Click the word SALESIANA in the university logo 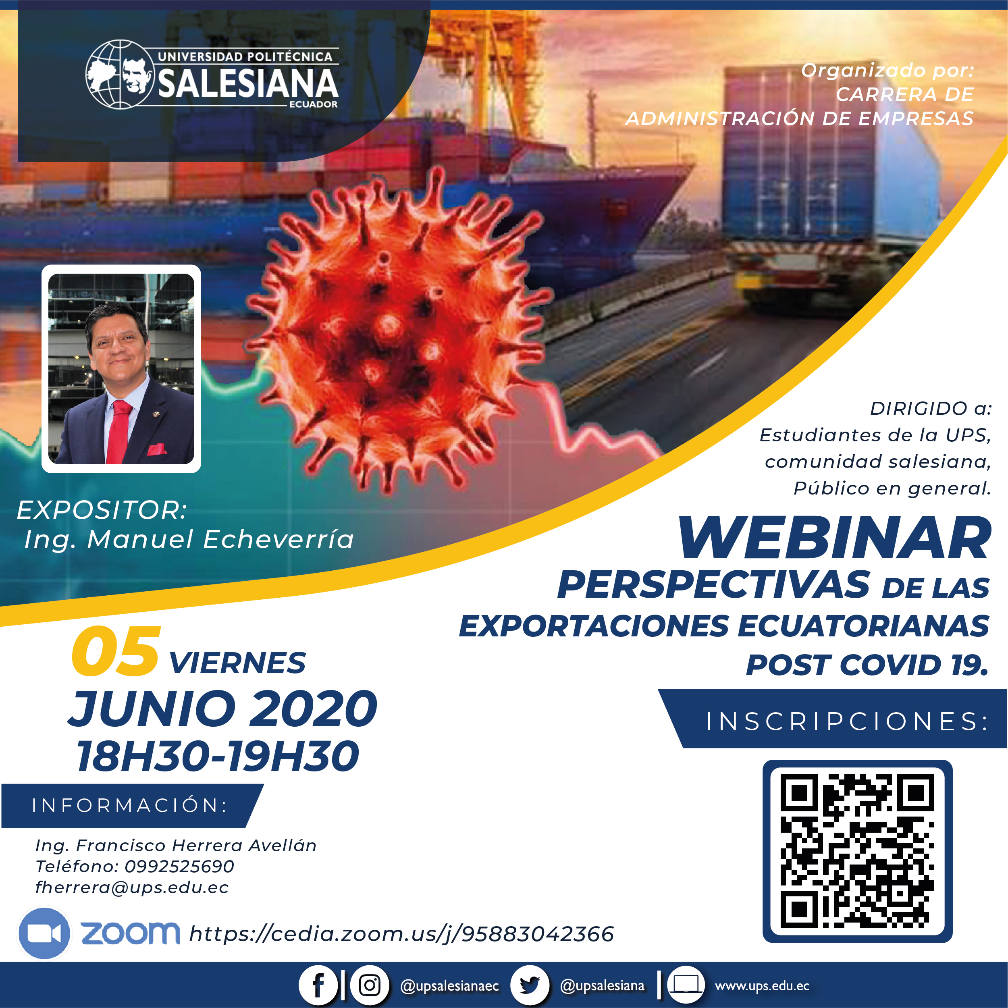click(x=248, y=83)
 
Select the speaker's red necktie click(x=119, y=431)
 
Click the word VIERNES click(x=237, y=663)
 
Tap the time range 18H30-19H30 click(x=218, y=756)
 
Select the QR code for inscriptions click(x=857, y=851)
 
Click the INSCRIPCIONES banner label click(x=847, y=721)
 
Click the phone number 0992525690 click(x=179, y=867)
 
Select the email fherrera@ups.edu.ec click(x=132, y=887)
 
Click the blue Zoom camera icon click(x=44, y=933)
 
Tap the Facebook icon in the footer click(x=318, y=985)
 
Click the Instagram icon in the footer click(x=370, y=985)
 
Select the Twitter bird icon click(x=530, y=985)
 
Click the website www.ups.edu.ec click(x=762, y=985)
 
